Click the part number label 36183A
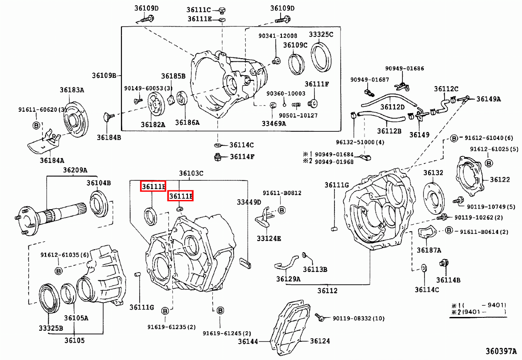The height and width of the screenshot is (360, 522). point(72,90)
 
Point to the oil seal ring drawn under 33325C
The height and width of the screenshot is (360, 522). point(321,57)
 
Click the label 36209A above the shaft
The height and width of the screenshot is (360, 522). point(75,170)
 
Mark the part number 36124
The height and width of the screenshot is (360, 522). point(320,341)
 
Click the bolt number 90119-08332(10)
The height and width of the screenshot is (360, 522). point(358,319)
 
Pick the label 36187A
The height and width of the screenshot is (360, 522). point(429,250)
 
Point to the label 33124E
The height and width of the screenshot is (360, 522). point(268,238)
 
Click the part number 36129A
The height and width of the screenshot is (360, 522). point(288,279)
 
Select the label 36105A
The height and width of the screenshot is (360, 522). point(76,318)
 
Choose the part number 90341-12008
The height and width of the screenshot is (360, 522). point(278,36)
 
